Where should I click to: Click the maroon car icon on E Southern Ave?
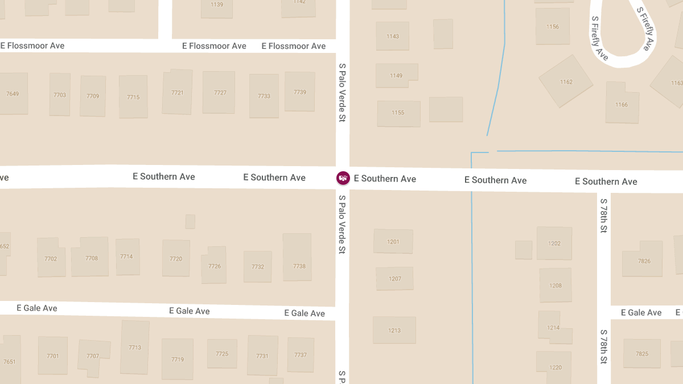click(343, 178)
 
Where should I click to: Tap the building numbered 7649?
click(13, 94)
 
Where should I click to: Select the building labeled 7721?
click(177, 92)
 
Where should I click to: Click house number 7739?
click(300, 92)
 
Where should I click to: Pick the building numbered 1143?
click(393, 36)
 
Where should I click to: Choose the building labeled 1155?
click(398, 113)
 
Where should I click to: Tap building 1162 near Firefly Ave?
click(566, 82)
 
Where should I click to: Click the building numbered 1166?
click(622, 105)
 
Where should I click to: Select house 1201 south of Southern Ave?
click(393, 241)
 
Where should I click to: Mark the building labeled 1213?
click(394, 330)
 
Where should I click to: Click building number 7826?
click(643, 261)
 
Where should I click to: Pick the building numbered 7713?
click(135, 347)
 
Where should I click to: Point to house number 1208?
click(556, 285)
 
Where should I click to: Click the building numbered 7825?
click(642, 354)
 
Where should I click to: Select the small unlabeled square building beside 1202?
click(524, 250)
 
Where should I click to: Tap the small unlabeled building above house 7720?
click(190, 221)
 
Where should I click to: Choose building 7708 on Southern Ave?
click(91, 257)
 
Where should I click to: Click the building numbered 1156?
click(552, 26)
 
